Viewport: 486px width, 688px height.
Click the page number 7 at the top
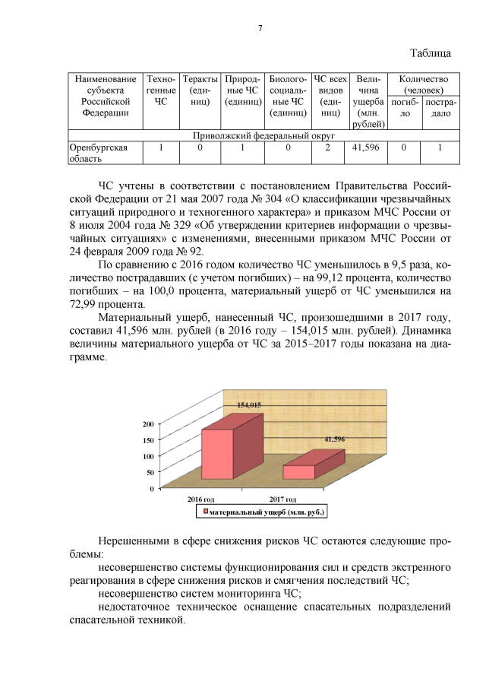click(260, 29)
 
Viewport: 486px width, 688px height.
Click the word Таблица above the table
click(431, 53)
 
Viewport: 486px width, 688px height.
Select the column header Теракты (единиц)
click(199, 96)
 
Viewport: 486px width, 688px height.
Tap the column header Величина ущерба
click(368, 101)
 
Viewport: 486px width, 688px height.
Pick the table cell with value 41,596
click(368, 147)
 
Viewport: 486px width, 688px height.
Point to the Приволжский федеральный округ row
click(261, 135)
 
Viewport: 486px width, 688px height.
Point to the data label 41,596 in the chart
click(335, 439)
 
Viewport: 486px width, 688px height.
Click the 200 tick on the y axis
click(149, 423)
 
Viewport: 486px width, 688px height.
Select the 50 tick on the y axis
click(150, 472)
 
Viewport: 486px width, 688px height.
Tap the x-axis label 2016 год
click(201, 499)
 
